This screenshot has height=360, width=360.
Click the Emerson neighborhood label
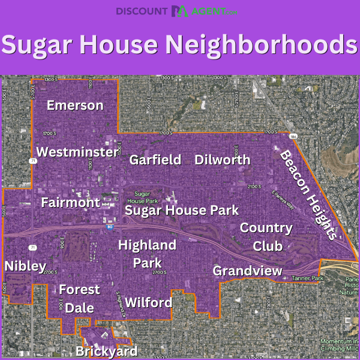[x=75, y=106]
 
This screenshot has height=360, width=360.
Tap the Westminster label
[x=77, y=152]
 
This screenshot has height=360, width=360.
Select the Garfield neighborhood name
[x=155, y=160]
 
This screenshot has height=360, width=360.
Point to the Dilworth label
[x=222, y=160]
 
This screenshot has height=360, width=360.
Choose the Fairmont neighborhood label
[x=70, y=203]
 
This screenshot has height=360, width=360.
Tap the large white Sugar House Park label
[x=182, y=210]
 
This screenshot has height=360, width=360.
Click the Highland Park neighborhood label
[x=147, y=254]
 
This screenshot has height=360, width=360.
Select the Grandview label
[x=247, y=271]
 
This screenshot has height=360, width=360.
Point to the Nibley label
[x=25, y=266]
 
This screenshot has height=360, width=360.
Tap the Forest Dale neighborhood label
[x=79, y=298]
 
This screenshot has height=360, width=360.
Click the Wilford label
[x=149, y=302]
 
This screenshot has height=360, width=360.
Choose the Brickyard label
[x=106, y=351]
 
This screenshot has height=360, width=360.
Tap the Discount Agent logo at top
[x=180, y=11]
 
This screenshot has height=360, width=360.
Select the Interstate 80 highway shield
[x=109, y=227]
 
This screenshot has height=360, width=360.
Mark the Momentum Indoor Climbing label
[x=338, y=344]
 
